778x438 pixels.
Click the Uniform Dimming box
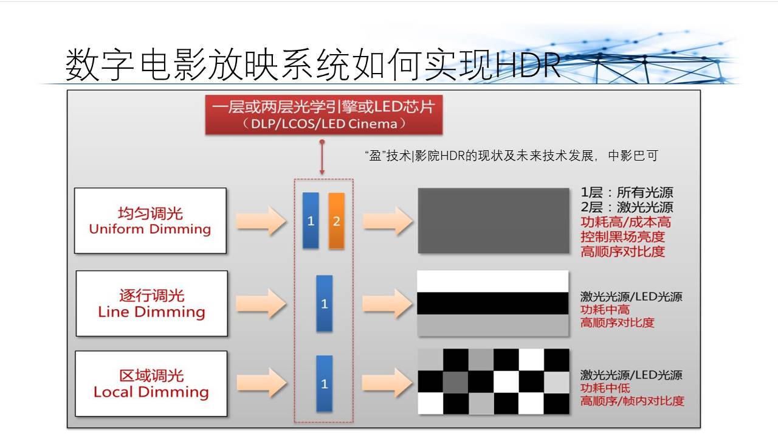[x=150, y=221]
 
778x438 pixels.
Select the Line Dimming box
[x=152, y=304]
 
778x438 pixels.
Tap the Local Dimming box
[x=151, y=383]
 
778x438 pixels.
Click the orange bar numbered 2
[x=337, y=221]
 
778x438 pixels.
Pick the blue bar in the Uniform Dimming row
[x=311, y=221]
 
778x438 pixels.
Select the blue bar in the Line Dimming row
[x=325, y=304]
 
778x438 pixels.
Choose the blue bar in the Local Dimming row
[x=325, y=383]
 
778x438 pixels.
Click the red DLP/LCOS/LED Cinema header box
[x=324, y=115]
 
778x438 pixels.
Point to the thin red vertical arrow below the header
[x=322, y=157]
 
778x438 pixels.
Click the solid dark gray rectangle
[x=494, y=221]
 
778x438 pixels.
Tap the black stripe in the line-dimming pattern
[x=493, y=304]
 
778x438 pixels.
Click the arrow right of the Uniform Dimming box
[x=261, y=221]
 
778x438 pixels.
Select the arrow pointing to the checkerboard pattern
[x=387, y=383]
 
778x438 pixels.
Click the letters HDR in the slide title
[x=528, y=65]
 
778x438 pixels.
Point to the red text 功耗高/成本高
[x=626, y=222]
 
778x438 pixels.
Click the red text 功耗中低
[x=605, y=388]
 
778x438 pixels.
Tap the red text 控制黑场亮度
[x=623, y=237]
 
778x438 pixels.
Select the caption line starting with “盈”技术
[x=511, y=155]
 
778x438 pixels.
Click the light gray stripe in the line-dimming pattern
[x=493, y=325]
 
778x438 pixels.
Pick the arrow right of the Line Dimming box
[x=261, y=304]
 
